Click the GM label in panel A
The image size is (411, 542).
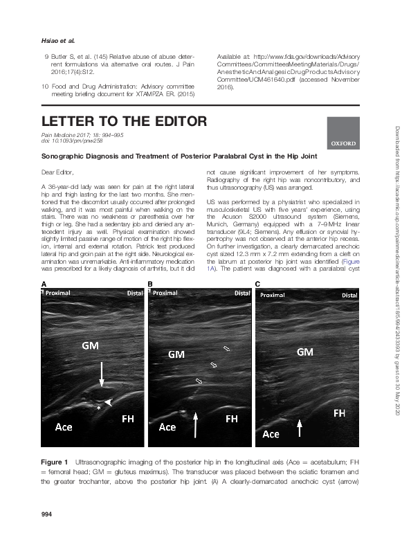point(91,345)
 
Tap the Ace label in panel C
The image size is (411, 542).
point(271,434)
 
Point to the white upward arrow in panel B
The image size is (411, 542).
point(197,422)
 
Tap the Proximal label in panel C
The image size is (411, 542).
point(273,314)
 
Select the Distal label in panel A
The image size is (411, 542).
point(134,312)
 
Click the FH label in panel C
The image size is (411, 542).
point(340,413)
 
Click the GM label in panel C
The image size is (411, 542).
point(304,352)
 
